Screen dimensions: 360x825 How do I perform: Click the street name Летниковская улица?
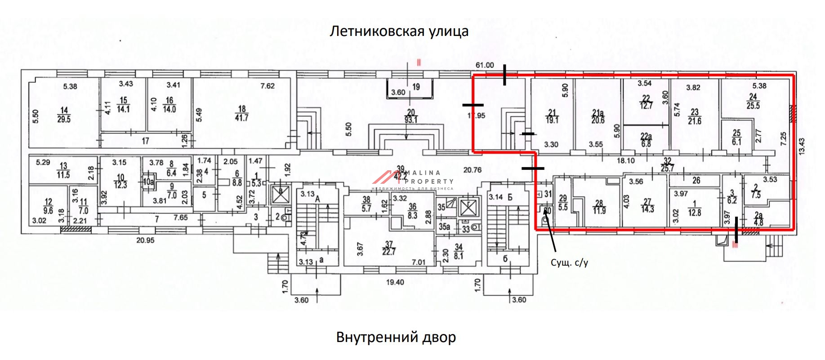pos(399,31)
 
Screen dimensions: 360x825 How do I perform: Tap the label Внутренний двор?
pos(396,337)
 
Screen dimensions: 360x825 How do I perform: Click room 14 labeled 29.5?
pos(64,115)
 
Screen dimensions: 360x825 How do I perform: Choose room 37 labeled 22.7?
pos(389,248)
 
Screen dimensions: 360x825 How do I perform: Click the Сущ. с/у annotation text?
pos(569,263)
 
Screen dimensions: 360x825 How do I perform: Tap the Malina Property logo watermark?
pos(411,179)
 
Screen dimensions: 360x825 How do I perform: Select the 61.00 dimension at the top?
pos(485,65)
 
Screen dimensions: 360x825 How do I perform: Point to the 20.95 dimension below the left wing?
pos(145,240)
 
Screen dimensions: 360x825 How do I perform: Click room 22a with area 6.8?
pos(646,140)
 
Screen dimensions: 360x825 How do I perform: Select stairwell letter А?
pos(317,199)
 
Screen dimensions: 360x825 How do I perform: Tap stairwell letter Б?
pos(510,197)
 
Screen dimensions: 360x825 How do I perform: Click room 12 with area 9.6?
pos(48,206)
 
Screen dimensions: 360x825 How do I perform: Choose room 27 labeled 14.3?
pos(647,205)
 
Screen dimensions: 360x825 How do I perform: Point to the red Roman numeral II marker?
pos(419,63)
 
